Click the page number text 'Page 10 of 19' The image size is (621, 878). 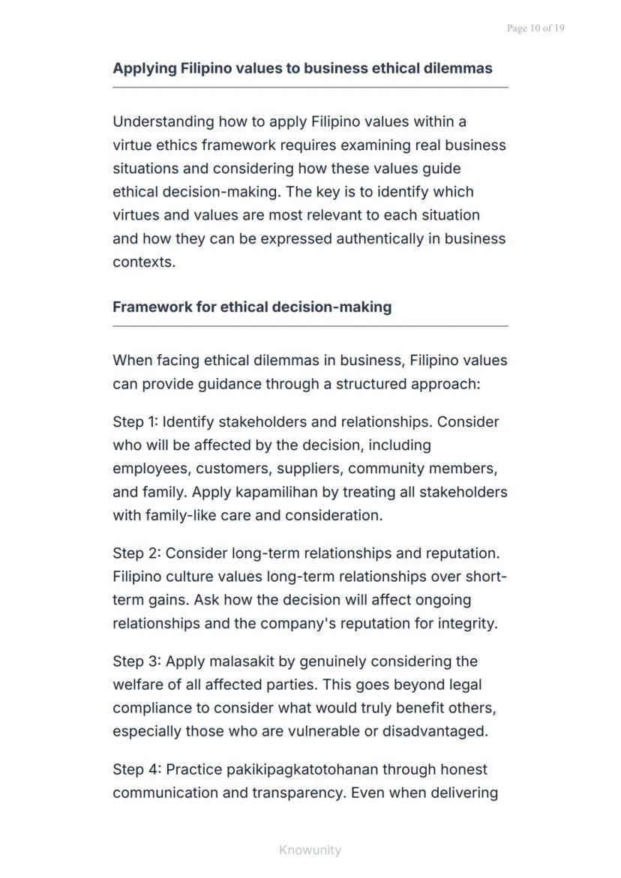click(x=535, y=28)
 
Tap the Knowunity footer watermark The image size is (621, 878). click(x=310, y=850)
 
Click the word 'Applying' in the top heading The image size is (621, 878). click(x=145, y=68)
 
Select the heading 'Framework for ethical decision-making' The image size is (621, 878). click(x=252, y=307)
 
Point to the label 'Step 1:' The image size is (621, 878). click(x=136, y=421)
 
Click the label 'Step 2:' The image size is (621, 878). click(x=137, y=553)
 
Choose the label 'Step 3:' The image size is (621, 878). click(x=137, y=661)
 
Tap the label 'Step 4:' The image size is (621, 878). click(x=137, y=769)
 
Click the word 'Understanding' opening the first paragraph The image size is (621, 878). click(x=163, y=121)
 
